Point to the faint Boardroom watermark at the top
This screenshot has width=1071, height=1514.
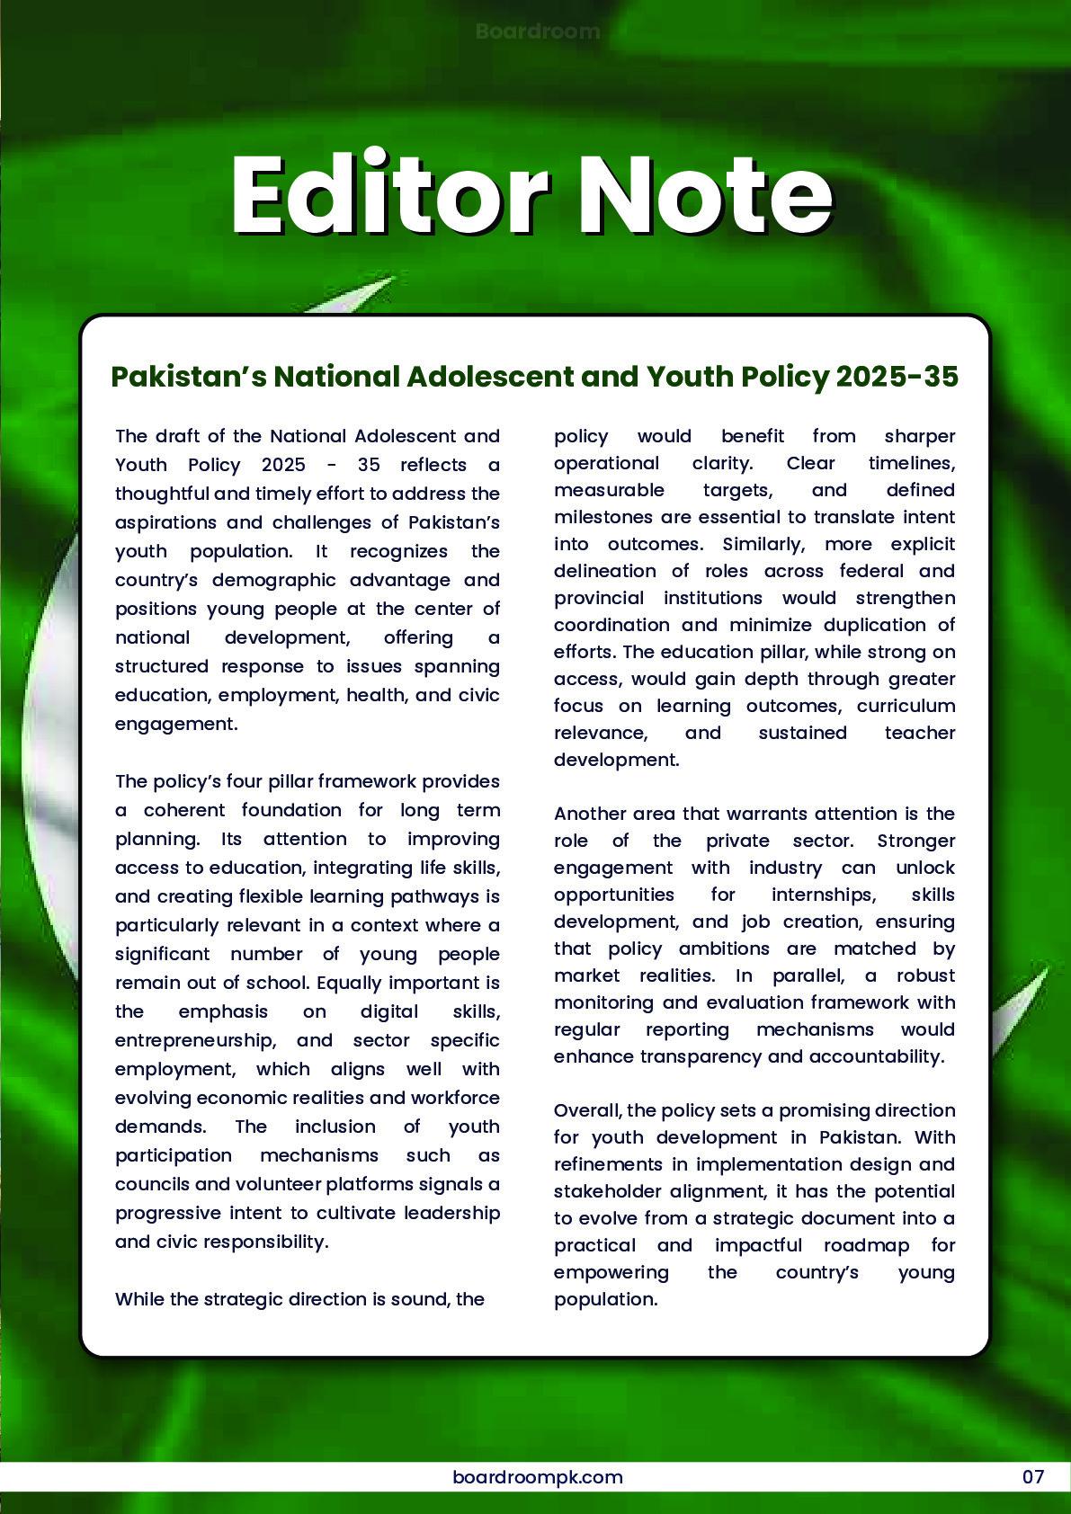click(x=537, y=31)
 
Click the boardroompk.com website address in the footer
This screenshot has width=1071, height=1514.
click(x=537, y=1476)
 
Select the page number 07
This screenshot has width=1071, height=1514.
click(x=1032, y=1476)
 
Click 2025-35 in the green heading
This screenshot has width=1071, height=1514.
click(x=897, y=376)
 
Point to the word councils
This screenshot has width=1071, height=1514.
click(x=150, y=1184)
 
